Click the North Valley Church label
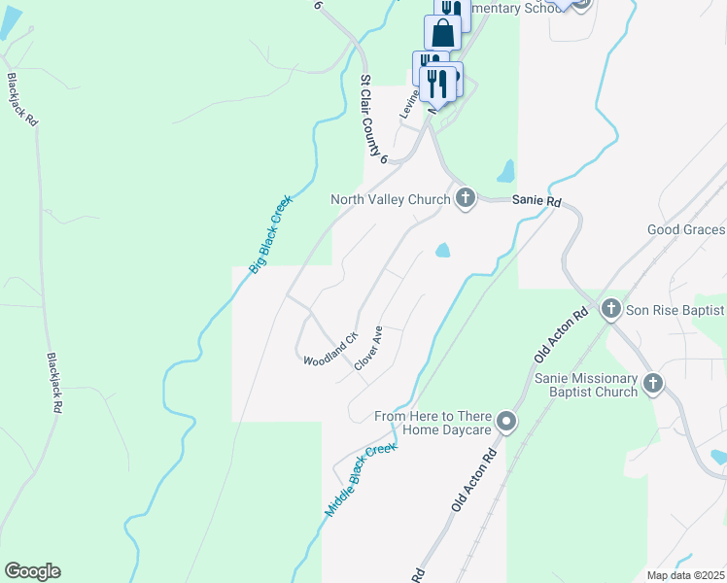click(390, 199)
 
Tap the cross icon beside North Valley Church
click(466, 199)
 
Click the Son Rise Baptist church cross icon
click(611, 309)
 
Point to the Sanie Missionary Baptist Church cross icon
click(652, 383)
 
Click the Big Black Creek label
click(271, 233)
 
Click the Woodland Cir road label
click(330, 348)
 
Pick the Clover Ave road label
click(368, 348)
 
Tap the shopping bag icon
click(443, 32)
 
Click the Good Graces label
click(686, 229)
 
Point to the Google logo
click(32, 571)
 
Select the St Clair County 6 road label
click(374, 120)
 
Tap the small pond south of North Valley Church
click(442, 251)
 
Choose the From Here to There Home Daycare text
click(434, 424)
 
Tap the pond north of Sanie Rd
click(505, 172)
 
